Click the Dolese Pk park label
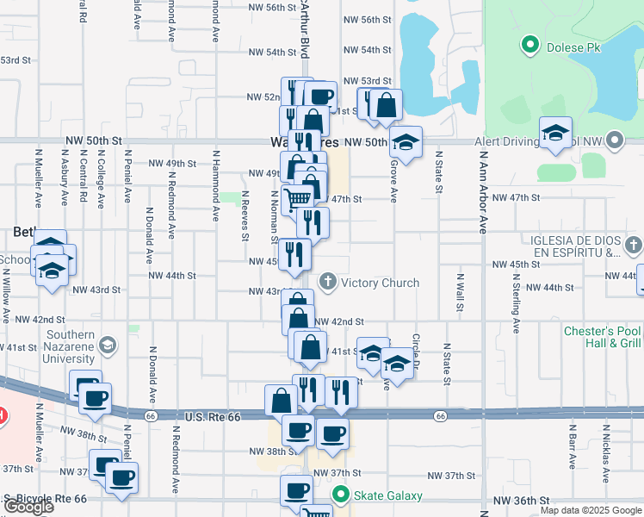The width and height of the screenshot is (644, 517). pos(578,47)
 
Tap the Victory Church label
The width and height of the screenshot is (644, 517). pos(380,283)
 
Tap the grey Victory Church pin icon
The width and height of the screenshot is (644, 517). pos(327,281)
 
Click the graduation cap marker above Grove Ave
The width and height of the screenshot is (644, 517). pos(406,140)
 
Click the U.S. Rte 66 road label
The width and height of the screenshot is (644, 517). pos(213,417)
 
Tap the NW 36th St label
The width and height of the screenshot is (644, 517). pos(522,501)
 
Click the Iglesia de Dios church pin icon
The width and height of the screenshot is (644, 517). pos(634,246)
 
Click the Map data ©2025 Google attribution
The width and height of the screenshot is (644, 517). pos(590,510)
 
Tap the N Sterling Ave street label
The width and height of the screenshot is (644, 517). pos(517,304)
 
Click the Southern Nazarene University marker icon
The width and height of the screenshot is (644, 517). pos(108,346)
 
